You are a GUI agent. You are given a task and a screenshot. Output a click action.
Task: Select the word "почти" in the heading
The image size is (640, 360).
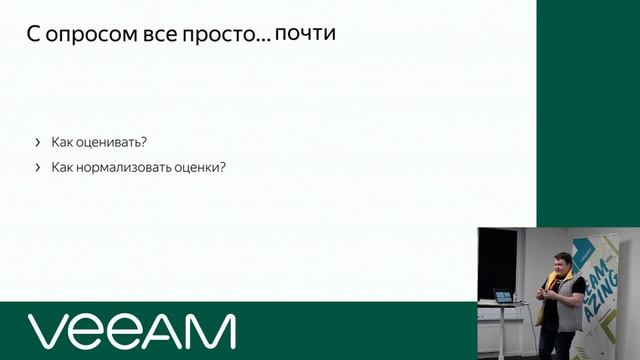coord(304,34)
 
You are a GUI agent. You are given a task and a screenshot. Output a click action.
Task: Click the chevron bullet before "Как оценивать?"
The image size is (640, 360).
coord(38,142)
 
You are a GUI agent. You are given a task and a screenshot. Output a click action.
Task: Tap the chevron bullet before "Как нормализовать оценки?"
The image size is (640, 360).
coord(38,167)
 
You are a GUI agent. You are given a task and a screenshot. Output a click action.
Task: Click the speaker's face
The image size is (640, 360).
coord(560,266)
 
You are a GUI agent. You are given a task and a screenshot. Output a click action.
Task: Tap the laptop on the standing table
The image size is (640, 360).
coord(503,297)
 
